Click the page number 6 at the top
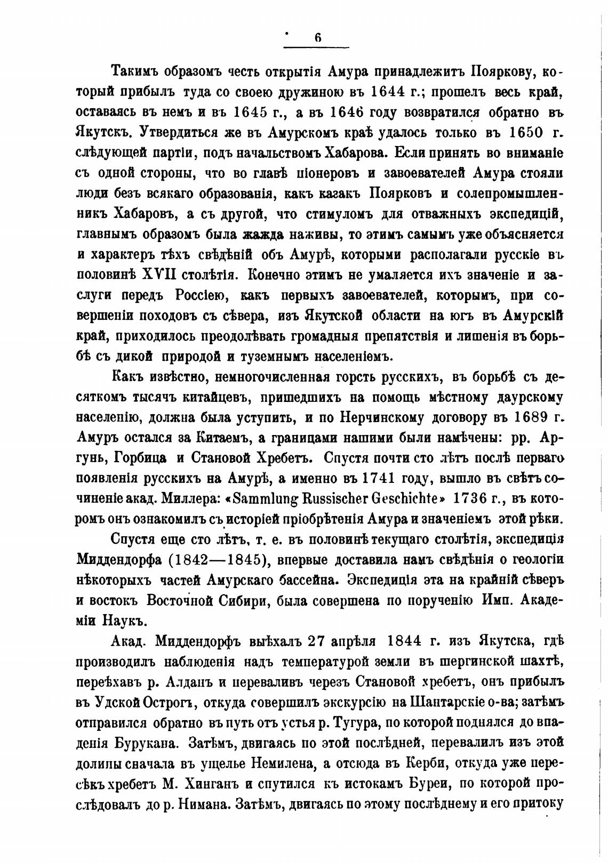(x=317, y=38)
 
